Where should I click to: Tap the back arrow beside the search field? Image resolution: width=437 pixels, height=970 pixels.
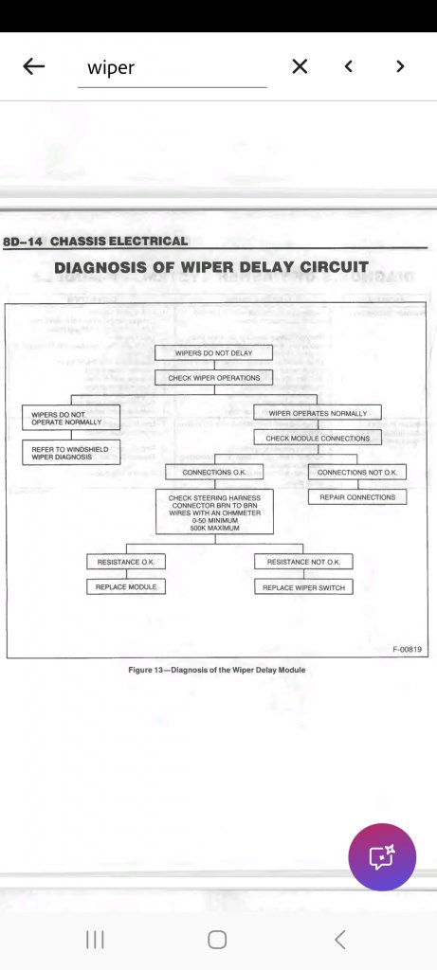33,66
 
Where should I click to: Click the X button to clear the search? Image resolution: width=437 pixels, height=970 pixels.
300,66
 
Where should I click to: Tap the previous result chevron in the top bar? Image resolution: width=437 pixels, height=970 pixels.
349,66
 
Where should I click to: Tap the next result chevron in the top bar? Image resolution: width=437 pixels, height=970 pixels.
400,66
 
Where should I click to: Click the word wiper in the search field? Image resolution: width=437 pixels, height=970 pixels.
111,67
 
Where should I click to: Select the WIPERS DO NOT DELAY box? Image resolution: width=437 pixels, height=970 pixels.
213,352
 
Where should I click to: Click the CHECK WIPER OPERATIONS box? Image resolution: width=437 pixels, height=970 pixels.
213,377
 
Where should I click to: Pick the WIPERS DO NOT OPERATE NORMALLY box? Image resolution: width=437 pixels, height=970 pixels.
71,417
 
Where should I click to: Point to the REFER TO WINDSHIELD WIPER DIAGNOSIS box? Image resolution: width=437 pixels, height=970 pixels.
71,453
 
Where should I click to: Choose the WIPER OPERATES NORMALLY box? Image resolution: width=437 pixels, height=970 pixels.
318,413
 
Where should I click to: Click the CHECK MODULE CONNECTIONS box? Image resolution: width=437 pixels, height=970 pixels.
318,438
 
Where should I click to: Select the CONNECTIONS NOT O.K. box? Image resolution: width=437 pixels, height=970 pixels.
357,472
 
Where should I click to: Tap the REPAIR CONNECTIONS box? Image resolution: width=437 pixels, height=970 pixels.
357,496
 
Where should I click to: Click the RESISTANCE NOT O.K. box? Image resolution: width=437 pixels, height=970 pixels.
303,562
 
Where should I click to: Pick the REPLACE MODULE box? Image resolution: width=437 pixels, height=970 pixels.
126,586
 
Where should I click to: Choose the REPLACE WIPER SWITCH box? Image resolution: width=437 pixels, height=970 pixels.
303,587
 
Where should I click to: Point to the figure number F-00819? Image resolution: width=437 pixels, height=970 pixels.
407,650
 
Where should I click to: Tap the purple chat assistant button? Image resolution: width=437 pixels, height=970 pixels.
382,856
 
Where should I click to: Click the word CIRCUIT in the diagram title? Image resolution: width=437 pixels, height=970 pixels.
335,267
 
